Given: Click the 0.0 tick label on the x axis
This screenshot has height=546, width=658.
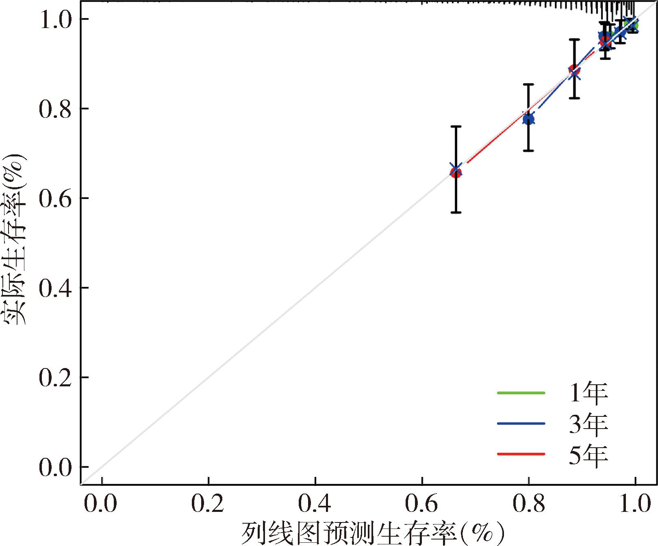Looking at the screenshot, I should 100,504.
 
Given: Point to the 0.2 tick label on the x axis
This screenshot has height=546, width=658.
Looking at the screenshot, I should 208,504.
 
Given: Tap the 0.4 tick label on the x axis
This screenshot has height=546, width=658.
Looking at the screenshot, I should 315,504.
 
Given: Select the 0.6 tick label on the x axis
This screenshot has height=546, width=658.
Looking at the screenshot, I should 422,504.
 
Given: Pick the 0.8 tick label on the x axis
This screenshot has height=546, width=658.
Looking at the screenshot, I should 528,504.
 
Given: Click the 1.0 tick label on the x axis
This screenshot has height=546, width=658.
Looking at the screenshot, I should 634,504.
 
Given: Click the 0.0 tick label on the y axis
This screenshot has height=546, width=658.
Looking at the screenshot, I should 55,467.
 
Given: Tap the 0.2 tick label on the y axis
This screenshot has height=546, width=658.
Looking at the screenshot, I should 55,377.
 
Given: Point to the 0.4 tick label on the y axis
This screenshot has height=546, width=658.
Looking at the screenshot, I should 55,288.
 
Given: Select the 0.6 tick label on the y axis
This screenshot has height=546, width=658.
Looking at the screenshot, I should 55,198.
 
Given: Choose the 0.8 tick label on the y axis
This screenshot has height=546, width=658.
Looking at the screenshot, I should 55,109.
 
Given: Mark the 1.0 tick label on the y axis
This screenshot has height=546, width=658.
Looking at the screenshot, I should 55,19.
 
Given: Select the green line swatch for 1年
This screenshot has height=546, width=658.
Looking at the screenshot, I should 521,393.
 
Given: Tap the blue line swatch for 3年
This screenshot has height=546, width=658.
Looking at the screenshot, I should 521,423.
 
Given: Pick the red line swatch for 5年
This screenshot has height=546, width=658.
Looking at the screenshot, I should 521,454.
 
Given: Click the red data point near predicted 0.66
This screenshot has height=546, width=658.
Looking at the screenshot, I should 456,173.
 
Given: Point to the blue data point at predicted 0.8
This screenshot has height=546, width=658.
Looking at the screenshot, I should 528,119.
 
